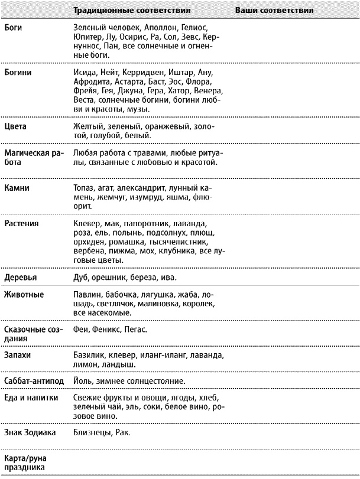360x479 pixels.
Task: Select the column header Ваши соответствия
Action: [x=274, y=11]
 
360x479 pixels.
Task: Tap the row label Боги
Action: [x=13, y=27]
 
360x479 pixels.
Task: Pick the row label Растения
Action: [x=22, y=224]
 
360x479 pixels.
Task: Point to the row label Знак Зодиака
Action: [x=30, y=433]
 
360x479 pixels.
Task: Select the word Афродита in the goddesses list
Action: [x=91, y=82]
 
